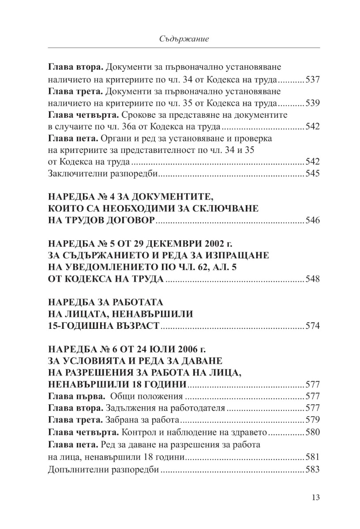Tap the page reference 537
tap(312, 80)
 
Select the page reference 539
tap(312, 104)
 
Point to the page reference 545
tap(312, 173)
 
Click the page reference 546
tap(312, 220)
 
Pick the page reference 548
tap(312, 279)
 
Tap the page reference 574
tap(312, 327)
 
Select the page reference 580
tap(312, 432)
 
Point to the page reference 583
tap(312, 469)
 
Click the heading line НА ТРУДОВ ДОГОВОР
tap(102, 220)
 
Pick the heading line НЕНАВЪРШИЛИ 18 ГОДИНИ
tap(118, 383)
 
